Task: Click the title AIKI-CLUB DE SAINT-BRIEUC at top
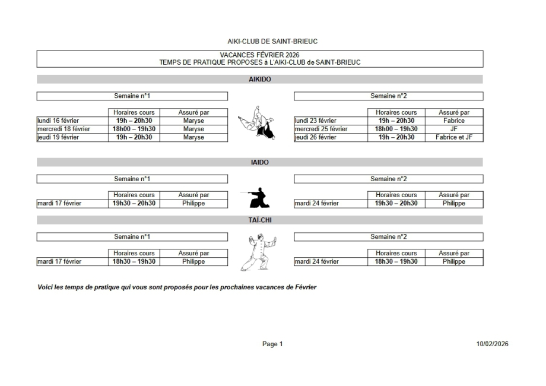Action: pos(260,42)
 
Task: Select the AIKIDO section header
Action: pos(260,79)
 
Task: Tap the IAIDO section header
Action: pos(260,162)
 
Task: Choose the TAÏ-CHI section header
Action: pos(260,220)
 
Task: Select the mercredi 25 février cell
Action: pos(321,129)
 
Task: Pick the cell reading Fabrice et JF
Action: pos(454,137)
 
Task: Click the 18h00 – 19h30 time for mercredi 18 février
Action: pos(134,129)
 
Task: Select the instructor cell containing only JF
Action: pos(454,129)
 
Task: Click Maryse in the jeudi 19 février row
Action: pos(193,137)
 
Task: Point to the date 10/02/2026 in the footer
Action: pos(492,344)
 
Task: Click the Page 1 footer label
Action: pos(272,344)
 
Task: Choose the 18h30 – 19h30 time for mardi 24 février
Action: pos(396,261)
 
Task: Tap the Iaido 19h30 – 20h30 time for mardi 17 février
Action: pos(134,203)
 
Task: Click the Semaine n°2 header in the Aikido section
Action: pos(388,96)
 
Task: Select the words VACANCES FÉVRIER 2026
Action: pos(259,55)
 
